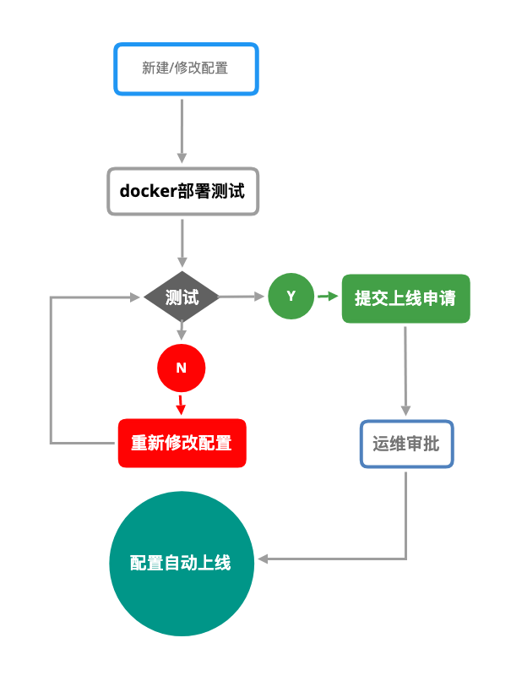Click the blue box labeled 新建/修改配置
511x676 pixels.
(x=186, y=68)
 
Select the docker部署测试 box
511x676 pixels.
(x=182, y=191)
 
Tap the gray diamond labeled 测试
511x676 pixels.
(x=182, y=297)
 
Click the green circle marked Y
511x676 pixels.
(x=291, y=296)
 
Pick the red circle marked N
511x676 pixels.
(x=181, y=368)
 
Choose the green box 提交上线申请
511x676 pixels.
(x=405, y=298)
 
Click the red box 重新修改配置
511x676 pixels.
(x=182, y=443)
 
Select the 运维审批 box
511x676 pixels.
(x=406, y=444)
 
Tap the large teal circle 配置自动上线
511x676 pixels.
(x=182, y=564)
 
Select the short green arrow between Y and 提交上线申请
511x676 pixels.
(x=327, y=297)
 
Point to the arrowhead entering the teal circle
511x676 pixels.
(x=263, y=559)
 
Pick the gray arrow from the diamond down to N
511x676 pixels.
(x=181, y=335)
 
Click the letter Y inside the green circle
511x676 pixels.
(x=291, y=296)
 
